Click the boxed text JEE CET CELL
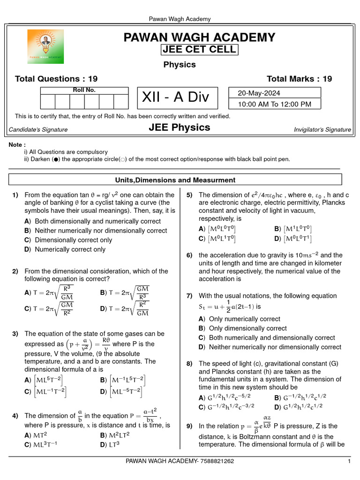pyautogui.click(x=199, y=50)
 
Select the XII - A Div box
pyautogui.click(x=176, y=98)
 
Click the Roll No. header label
pyautogui.click(x=84, y=90)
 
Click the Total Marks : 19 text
pyautogui.click(x=299, y=79)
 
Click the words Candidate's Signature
pyautogui.click(x=38, y=129)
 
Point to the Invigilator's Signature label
pyautogui.click(x=322, y=129)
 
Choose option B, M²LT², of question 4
pyautogui.click(x=115, y=435)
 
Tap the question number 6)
pyautogui.click(x=189, y=255)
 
